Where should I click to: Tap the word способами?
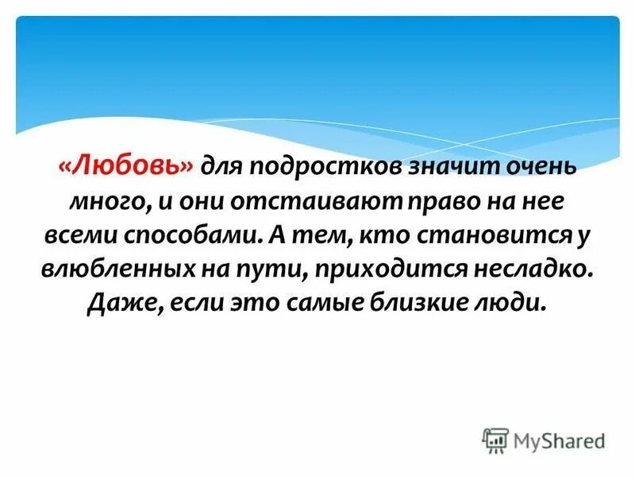(194, 236)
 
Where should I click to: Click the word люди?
(517, 305)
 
